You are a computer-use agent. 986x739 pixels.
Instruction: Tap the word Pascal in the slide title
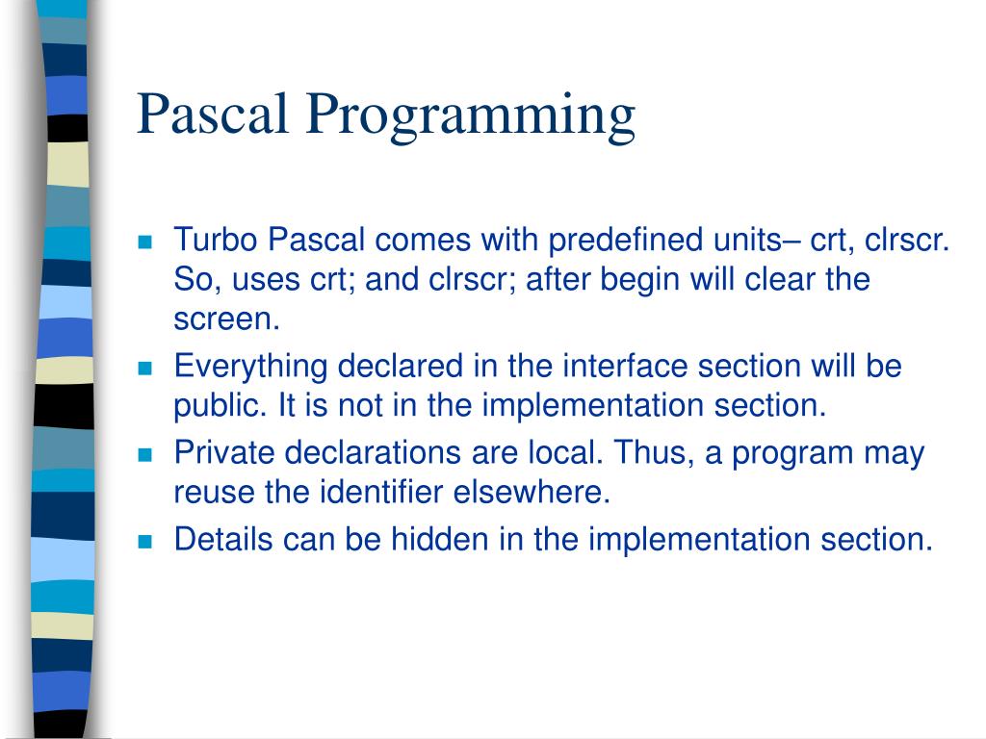[214, 114]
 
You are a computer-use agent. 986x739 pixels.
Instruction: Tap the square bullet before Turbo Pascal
[146, 242]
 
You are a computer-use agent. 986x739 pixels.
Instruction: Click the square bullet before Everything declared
[146, 369]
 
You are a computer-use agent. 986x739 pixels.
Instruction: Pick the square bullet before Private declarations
[146, 454]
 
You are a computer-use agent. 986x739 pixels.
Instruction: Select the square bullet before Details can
[146, 541]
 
